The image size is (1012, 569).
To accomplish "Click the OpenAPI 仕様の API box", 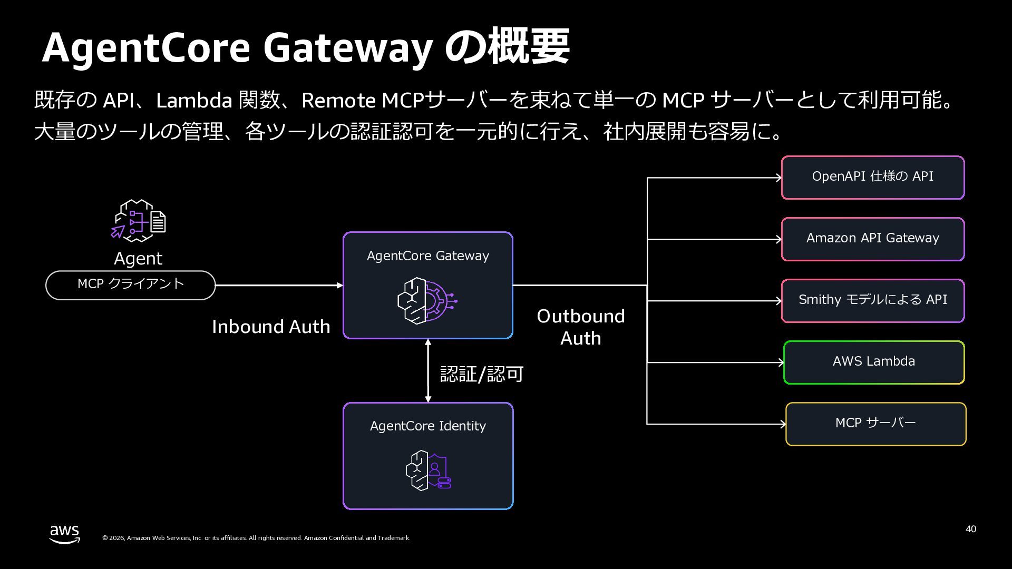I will [x=872, y=178].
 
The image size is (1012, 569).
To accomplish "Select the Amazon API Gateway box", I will [x=872, y=239].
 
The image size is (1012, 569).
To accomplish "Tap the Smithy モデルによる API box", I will [x=872, y=301].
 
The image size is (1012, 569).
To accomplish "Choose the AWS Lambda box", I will [x=873, y=362].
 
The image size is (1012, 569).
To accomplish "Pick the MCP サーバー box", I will [x=875, y=424].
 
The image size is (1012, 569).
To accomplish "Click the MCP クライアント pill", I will [x=130, y=285].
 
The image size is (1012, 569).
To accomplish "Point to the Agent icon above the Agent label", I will [x=139, y=221].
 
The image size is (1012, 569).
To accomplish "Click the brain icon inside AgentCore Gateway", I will [x=427, y=300].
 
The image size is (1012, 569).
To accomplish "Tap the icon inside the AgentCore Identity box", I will [x=428, y=470].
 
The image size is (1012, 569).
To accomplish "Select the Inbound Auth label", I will [x=271, y=327].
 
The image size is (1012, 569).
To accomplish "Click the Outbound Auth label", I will [x=580, y=327].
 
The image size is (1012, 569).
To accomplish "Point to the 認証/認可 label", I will [x=481, y=374].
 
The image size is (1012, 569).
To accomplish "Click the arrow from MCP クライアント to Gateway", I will [x=279, y=286].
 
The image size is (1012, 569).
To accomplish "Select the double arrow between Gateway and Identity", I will [x=428, y=371].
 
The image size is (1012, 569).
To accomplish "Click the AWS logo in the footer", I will [x=65, y=534].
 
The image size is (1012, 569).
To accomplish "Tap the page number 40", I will [x=970, y=529].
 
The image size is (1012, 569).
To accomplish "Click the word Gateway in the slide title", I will [x=348, y=48].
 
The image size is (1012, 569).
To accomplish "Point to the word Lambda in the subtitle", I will [x=194, y=100].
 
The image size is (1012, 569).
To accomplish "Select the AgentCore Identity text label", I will [x=427, y=426].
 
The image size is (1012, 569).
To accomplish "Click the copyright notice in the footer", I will [x=256, y=538].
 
